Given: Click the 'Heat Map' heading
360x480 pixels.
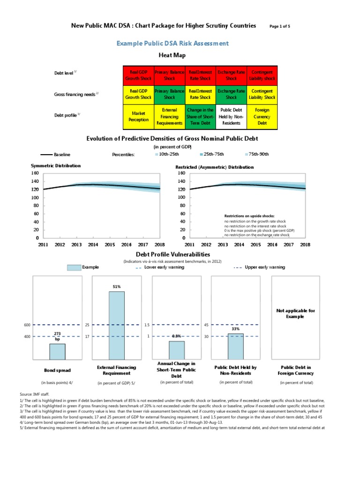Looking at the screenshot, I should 172,55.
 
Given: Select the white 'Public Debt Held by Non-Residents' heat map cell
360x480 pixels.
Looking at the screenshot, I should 231,116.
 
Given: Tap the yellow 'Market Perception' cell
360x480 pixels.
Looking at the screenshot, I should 138,116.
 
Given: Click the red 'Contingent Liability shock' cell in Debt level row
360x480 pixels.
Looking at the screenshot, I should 262,75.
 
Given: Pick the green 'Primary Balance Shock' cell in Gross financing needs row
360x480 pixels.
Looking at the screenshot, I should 169,94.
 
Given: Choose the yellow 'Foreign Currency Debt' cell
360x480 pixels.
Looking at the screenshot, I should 262,116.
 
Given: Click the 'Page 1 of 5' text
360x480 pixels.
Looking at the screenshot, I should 280,26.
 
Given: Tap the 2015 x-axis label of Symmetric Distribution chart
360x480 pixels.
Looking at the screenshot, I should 110,244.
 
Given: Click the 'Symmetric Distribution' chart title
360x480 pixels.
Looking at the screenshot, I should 55,165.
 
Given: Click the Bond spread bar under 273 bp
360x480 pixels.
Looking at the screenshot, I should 57,351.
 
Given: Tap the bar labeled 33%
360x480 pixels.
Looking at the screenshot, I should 235,346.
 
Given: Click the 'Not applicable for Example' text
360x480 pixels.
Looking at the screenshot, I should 296,314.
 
